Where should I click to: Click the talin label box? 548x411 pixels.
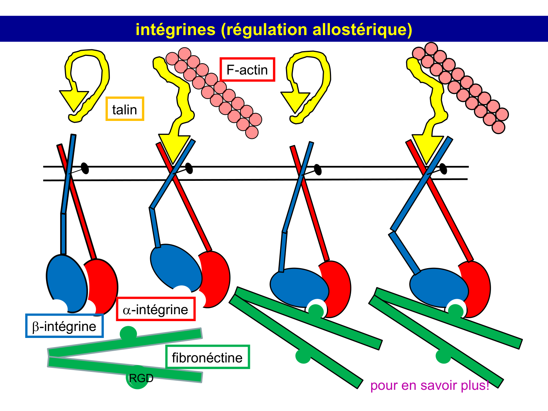(125, 109)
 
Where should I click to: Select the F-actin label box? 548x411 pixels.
(247, 69)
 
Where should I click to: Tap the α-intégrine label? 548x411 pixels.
(156, 309)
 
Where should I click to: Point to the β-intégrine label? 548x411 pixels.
(64, 326)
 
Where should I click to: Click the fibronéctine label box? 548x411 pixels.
(207, 357)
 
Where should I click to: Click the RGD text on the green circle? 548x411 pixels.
(141, 378)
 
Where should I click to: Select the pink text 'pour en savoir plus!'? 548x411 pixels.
(430, 385)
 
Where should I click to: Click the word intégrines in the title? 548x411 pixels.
(175, 29)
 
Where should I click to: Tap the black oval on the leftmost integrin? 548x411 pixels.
(85, 168)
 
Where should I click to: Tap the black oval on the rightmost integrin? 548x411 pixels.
(443, 168)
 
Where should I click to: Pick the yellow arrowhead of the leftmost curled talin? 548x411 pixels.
(74, 100)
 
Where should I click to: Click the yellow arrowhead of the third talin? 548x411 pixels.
(295, 102)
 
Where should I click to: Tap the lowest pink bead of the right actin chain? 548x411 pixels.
(498, 127)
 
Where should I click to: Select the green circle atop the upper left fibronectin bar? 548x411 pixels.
(128, 333)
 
